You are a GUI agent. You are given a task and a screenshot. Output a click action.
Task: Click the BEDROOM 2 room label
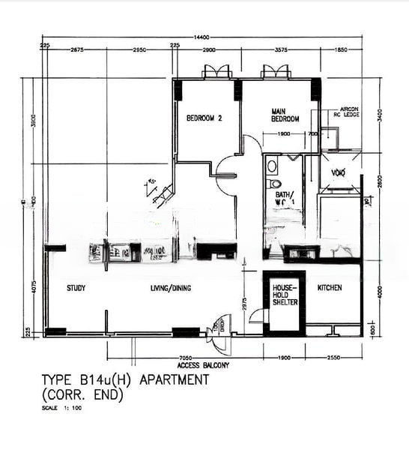(x=205, y=118)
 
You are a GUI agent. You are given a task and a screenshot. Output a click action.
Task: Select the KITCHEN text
(x=330, y=288)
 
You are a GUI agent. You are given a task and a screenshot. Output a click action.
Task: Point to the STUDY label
(x=76, y=288)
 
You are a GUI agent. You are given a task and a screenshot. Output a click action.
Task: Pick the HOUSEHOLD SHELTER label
(x=285, y=295)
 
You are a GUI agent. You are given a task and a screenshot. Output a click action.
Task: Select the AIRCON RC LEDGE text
(x=350, y=112)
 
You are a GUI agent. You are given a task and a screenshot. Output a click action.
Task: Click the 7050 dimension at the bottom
(x=178, y=358)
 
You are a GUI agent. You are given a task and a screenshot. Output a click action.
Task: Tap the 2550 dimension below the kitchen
(x=334, y=358)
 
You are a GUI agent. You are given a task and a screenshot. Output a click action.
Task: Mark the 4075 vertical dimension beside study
(x=33, y=288)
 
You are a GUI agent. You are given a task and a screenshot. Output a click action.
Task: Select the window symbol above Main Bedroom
(x=275, y=72)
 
